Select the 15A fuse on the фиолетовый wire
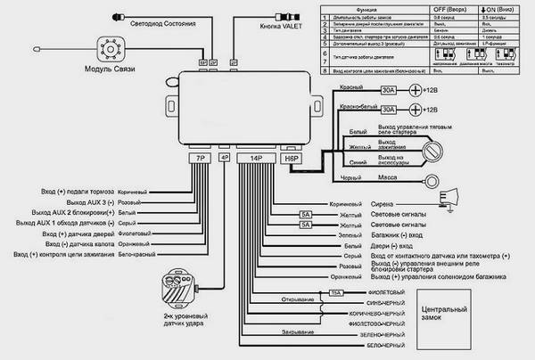(x=336, y=292)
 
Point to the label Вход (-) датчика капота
(x=85, y=243)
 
